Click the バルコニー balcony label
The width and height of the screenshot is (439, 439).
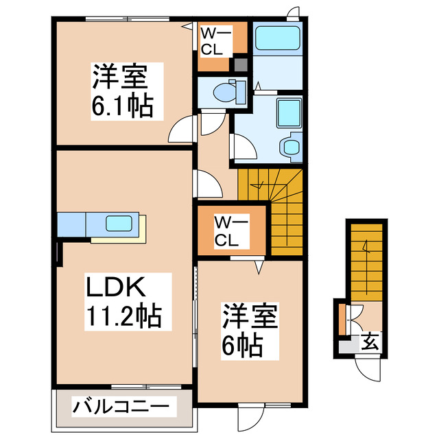(121, 407)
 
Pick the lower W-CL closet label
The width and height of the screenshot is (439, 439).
(230, 230)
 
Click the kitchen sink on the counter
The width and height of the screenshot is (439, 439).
(122, 224)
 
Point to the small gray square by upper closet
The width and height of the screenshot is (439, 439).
(239, 66)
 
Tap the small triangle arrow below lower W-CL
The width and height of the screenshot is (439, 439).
(261, 264)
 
